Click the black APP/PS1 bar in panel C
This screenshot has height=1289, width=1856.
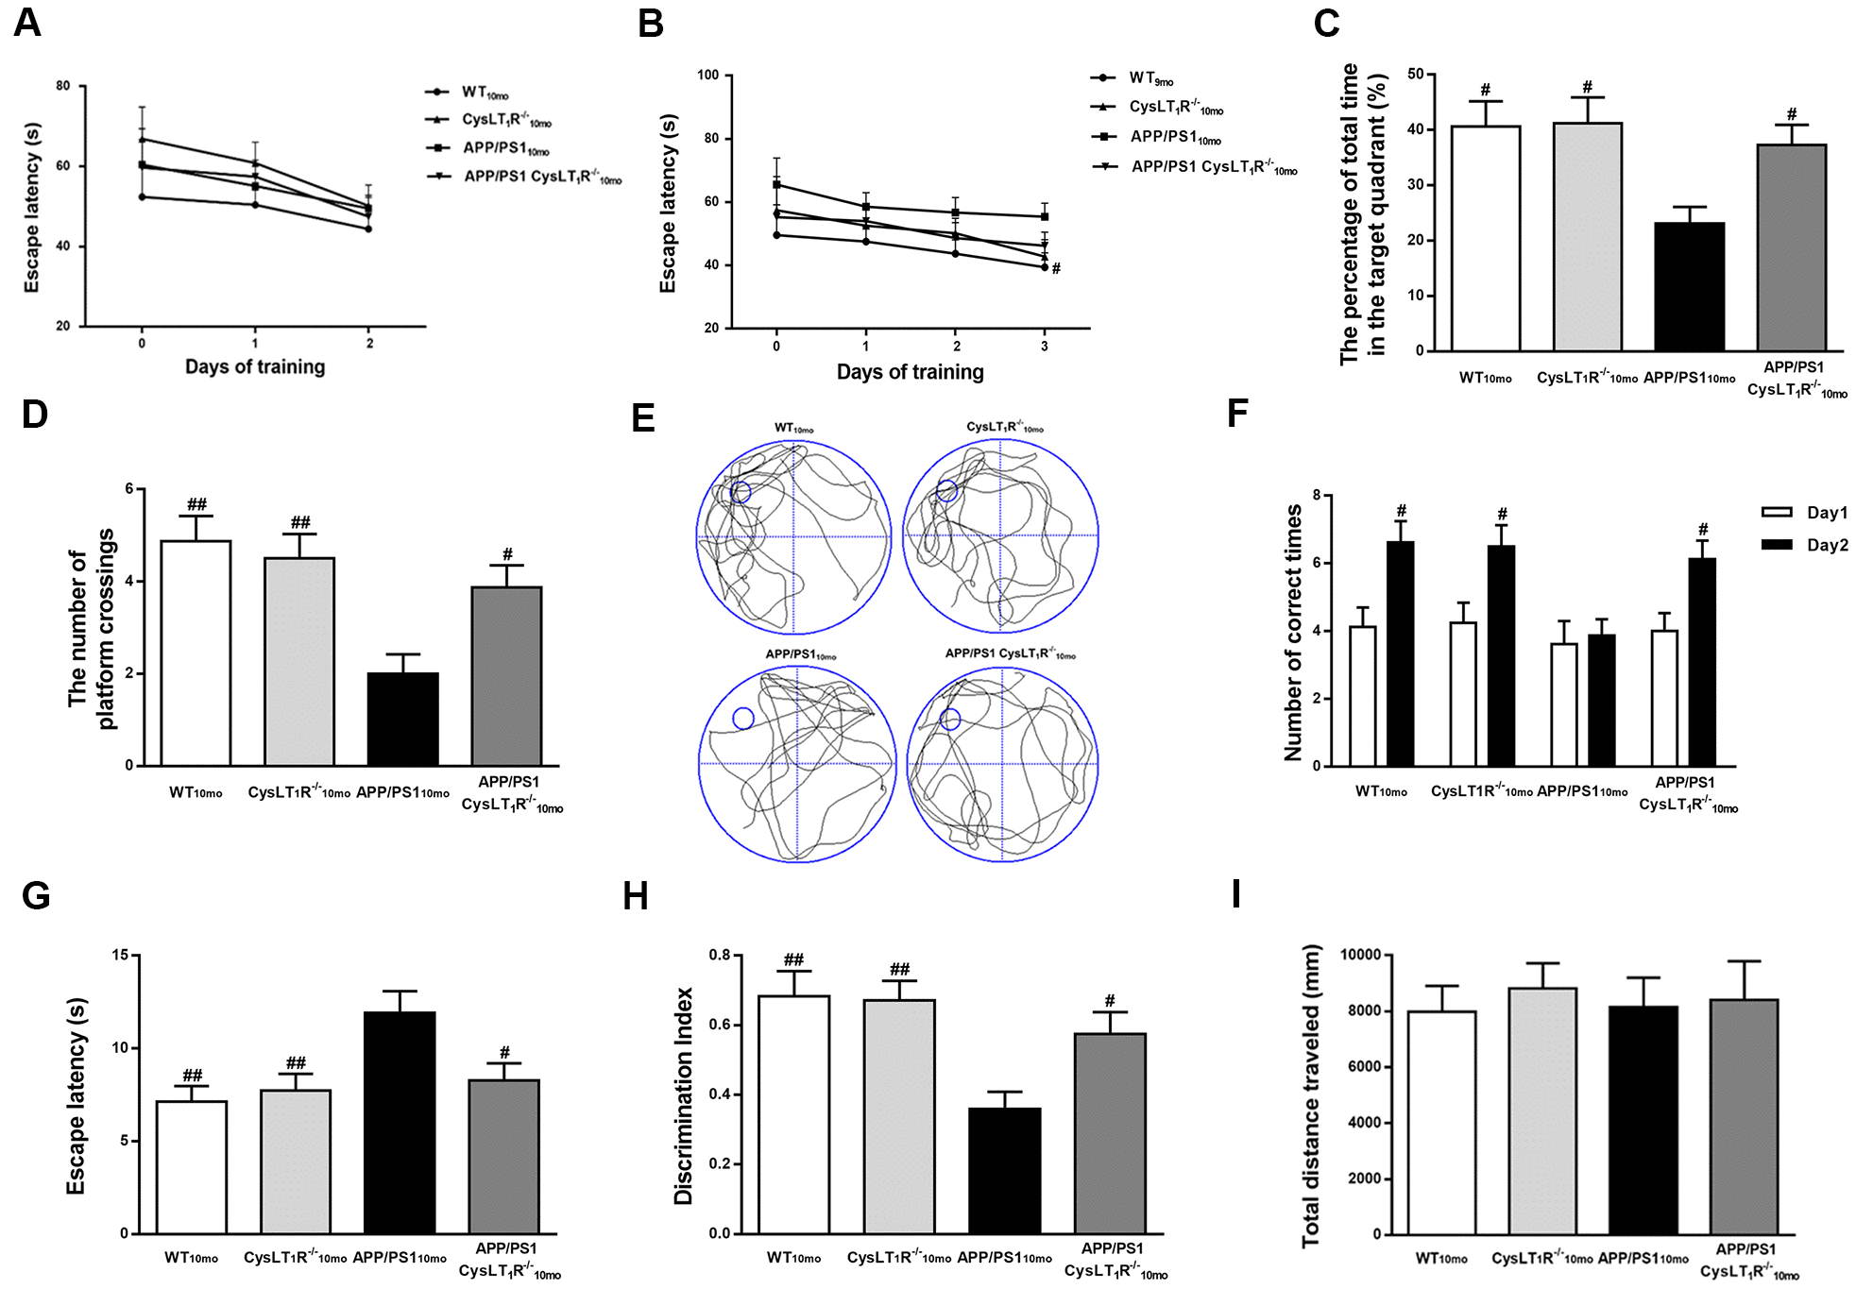(x=1689, y=287)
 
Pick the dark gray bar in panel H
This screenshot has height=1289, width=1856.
(x=1110, y=1133)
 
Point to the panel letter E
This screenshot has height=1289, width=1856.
(x=643, y=417)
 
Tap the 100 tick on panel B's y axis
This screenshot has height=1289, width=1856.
(x=707, y=76)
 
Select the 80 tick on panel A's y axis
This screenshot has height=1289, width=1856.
(x=62, y=86)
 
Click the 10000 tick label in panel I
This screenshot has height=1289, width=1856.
(x=1360, y=956)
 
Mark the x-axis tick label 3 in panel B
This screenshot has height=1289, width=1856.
(x=1044, y=347)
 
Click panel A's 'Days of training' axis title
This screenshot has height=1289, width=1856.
(x=255, y=367)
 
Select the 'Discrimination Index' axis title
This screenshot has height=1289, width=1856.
(x=683, y=1095)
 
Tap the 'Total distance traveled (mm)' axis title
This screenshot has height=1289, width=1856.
(x=1311, y=1095)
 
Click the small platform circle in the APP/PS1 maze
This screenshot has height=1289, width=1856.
(x=743, y=719)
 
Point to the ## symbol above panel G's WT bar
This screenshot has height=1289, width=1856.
(x=192, y=1076)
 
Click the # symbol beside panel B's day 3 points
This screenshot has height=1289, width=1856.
(x=1056, y=269)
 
